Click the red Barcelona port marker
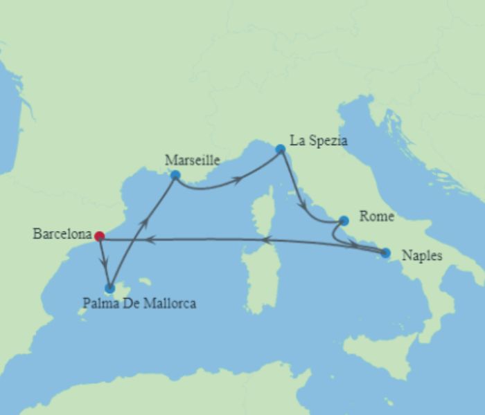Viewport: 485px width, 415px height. [99, 236]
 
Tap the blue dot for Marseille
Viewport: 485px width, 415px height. [175, 175]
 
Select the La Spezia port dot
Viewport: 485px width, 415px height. [280, 149]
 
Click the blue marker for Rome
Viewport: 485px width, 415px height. [344, 221]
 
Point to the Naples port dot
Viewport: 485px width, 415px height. [385, 253]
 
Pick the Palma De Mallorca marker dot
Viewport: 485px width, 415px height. [109, 288]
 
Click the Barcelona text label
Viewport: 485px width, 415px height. [62, 234]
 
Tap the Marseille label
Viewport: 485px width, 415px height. [192, 160]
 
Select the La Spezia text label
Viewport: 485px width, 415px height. [318, 141]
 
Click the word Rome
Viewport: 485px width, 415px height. [377, 217]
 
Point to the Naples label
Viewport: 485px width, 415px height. [421, 256]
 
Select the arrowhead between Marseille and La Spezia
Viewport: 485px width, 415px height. [238, 180]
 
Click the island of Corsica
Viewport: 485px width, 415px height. [263, 207]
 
